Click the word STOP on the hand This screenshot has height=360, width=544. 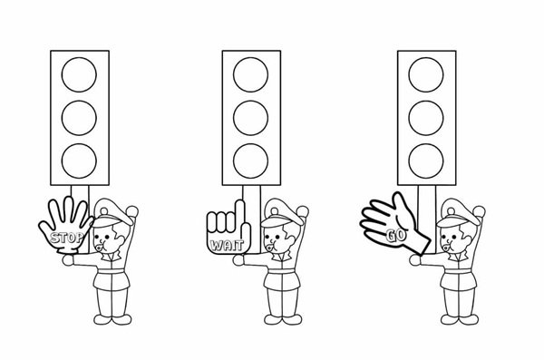point(67,238)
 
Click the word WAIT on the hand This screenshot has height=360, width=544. point(228,246)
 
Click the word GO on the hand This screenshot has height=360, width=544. point(395,236)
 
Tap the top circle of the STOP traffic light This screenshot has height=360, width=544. point(79,74)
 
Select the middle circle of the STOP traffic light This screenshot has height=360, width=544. point(79,118)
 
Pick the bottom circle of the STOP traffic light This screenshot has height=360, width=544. point(79,161)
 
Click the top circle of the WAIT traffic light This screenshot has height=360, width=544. point(250,74)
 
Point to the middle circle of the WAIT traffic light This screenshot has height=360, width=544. point(250,118)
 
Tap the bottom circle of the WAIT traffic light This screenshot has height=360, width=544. point(250,161)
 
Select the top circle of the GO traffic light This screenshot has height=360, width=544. point(426,74)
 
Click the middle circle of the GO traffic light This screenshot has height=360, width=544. point(426,118)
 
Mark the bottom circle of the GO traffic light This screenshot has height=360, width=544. point(426,161)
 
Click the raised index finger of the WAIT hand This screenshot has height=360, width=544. point(239,212)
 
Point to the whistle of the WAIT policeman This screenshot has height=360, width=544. point(269,247)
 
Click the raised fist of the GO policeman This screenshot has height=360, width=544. point(479,211)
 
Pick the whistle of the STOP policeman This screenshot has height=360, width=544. point(99,247)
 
